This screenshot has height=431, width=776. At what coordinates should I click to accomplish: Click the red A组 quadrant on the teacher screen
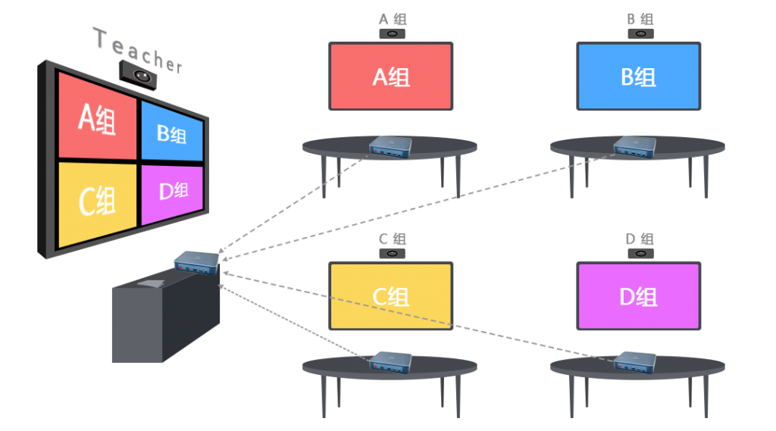click(96, 119)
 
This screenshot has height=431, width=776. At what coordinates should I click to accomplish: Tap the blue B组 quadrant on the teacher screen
click(172, 133)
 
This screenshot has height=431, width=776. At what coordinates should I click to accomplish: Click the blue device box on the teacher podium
click(196, 262)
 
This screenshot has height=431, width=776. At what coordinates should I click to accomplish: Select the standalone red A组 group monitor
click(391, 77)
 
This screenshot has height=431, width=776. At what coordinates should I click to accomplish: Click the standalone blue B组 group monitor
click(638, 77)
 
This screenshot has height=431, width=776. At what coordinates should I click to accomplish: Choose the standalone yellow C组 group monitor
click(391, 296)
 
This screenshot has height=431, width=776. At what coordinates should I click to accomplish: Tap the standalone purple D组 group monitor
click(638, 296)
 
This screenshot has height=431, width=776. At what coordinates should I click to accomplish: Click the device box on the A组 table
click(390, 147)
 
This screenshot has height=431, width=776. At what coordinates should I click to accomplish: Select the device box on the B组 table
click(635, 147)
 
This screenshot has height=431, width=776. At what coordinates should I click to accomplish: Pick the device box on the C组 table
click(390, 362)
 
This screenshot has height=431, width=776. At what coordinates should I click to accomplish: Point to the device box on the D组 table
click(635, 362)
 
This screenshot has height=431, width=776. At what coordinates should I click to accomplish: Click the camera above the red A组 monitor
click(392, 34)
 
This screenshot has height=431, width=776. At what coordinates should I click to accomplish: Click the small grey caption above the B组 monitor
click(640, 20)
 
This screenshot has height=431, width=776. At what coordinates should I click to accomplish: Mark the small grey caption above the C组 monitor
click(392, 239)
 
